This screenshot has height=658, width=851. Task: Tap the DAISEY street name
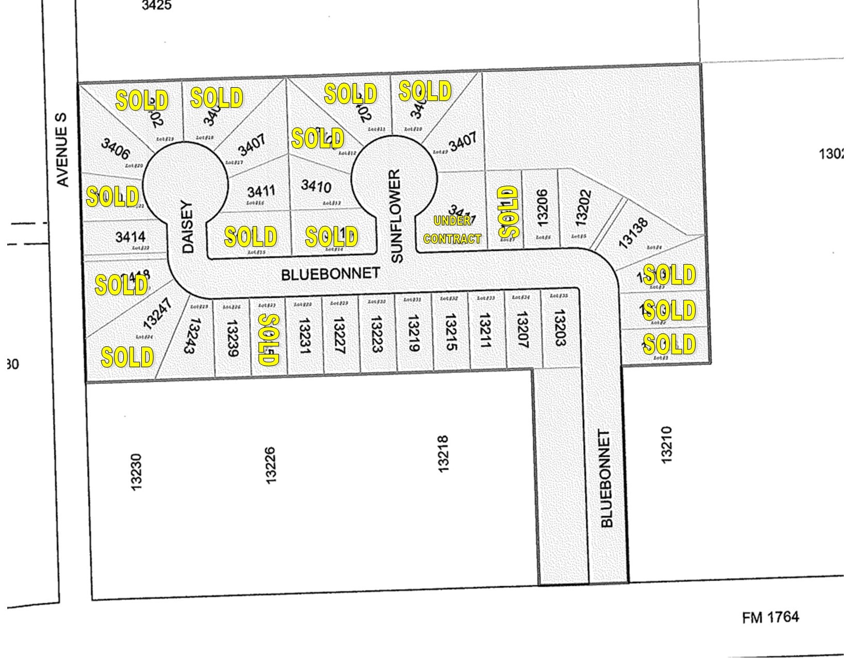point(187,227)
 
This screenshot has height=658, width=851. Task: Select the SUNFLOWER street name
point(396,216)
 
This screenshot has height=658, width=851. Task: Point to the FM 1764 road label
point(771,617)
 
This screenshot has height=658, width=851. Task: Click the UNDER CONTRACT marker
point(452,230)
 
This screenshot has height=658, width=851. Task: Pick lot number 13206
point(541,207)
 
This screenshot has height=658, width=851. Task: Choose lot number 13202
point(581,208)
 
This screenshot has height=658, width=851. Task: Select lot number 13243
point(191,335)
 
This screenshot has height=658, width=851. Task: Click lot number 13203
point(560,327)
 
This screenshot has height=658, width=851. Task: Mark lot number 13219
point(414,333)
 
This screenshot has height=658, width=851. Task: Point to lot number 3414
point(130,237)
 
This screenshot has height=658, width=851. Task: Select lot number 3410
point(316,186)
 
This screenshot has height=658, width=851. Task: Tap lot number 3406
point(115,149)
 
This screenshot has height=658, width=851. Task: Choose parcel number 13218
point(443,454)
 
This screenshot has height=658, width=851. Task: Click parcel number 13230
point(136,472)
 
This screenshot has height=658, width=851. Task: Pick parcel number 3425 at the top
point(156,6)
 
